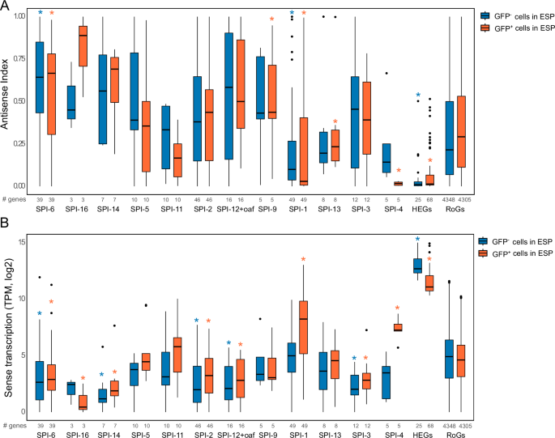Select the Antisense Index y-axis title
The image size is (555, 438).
tap(8, 101)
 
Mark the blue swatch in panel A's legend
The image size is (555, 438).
tap(485, 15)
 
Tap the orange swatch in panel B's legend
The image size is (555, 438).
tap(485, 253)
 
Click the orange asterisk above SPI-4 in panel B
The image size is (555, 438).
tap(397, 308)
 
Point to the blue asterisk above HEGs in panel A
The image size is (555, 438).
tap(418, 96)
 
